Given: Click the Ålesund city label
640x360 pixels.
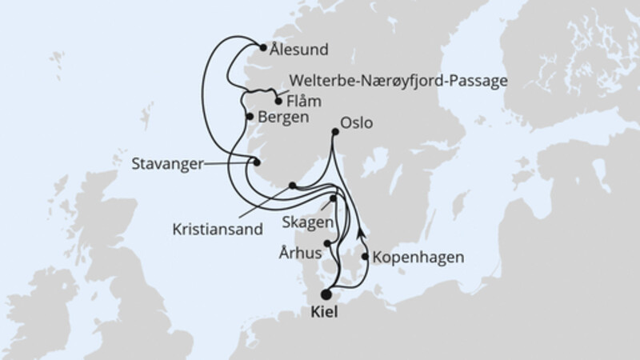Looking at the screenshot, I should (x=301, y=50).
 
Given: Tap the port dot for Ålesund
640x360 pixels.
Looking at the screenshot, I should (x=263, y=47).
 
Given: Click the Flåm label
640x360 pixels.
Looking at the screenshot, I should (x=303, y=102).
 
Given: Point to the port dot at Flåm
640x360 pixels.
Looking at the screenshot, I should (x=278, y=102).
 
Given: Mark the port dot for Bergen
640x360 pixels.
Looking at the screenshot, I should (x=250, y=117).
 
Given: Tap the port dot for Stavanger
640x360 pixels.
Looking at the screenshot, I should (x=257, y=163).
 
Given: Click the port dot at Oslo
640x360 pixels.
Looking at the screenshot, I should (x=335, y=132).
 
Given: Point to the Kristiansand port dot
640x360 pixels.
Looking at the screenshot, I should (x=292, y=186).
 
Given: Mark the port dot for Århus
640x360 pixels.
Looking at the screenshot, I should (x=326, y=244).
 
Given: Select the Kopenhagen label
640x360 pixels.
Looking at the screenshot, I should (x=418, y=258).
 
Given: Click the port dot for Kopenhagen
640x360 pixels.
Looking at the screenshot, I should (x=366, y=257).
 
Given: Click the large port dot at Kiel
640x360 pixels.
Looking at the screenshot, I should (x=326, y=294).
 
